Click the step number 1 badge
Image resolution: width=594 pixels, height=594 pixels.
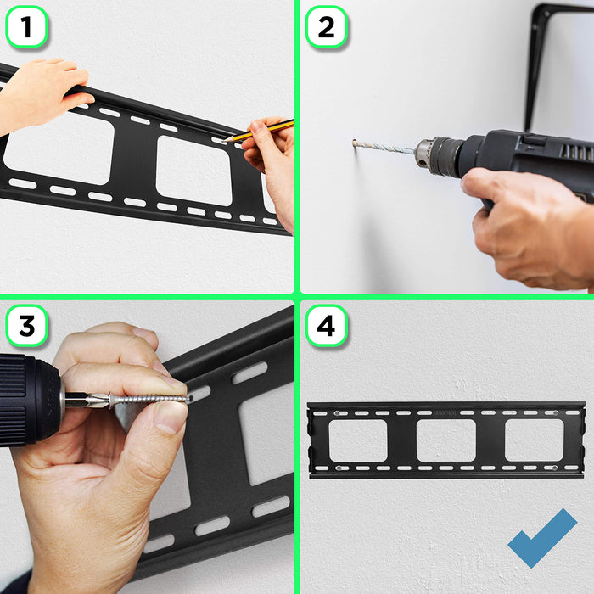click(x=26, y=27)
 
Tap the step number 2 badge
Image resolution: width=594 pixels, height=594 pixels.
click(x=326, y=27)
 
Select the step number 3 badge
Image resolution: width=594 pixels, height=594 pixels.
click(x=26, y=326)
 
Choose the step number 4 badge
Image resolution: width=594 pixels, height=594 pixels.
click(x=326, y=326)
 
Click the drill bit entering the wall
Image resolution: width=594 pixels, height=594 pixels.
click(x=382, y=148)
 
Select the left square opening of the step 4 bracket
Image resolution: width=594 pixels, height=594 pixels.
click(x=357, y=440)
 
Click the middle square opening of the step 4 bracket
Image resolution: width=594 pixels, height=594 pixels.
click(x=445, y=440)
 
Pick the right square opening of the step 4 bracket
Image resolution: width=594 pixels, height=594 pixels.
click(x=534, y=440)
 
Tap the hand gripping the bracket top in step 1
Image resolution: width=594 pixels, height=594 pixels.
click(x=42, y=89)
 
